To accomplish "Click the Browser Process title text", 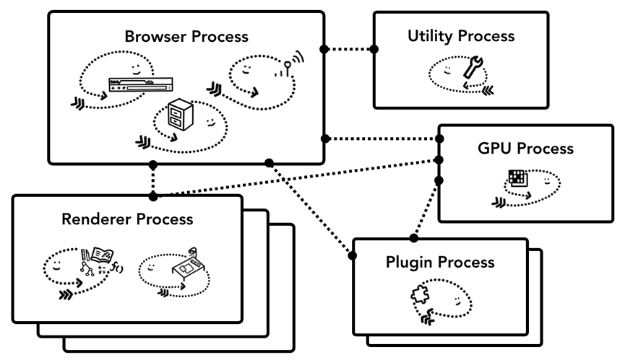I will tap(186, 36).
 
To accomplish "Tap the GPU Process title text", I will tap(525, 149).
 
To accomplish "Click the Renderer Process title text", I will tap(127, 219).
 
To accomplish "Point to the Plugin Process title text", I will tap(440, 261).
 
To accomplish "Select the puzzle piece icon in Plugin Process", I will tap(421, 296).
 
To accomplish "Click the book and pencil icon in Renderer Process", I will tap(98, 258).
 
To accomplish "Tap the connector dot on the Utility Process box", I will tap(374, 49).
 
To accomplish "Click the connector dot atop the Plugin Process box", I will tap(413, 237).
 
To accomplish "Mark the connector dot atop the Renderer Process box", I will tap(152, 196).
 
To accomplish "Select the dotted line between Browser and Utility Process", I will tap(349, 49).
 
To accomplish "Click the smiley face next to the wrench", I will tap(448, 70).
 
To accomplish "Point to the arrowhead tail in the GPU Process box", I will tap(499, 202).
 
